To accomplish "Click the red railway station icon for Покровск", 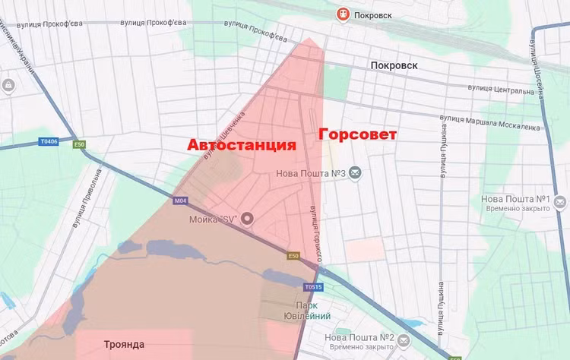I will [x=344, y=14].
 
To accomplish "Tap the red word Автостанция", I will [x=242, y=144].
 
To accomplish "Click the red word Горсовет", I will [x=357, y=134].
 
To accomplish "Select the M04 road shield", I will [x=179, y=201].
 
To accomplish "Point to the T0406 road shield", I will [x=49, y=141].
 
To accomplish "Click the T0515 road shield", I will [x=313, y=287].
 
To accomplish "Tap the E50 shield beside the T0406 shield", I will [x=79, y=144].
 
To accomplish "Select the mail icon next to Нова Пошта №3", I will [x=355, y=173].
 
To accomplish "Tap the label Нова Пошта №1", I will [x=514, y=200].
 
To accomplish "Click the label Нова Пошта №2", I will [x=359, y=337].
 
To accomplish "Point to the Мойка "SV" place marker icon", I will [x=246, y=219].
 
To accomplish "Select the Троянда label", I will [x=124, y=345].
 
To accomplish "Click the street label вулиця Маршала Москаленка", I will [x=489, y=122].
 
